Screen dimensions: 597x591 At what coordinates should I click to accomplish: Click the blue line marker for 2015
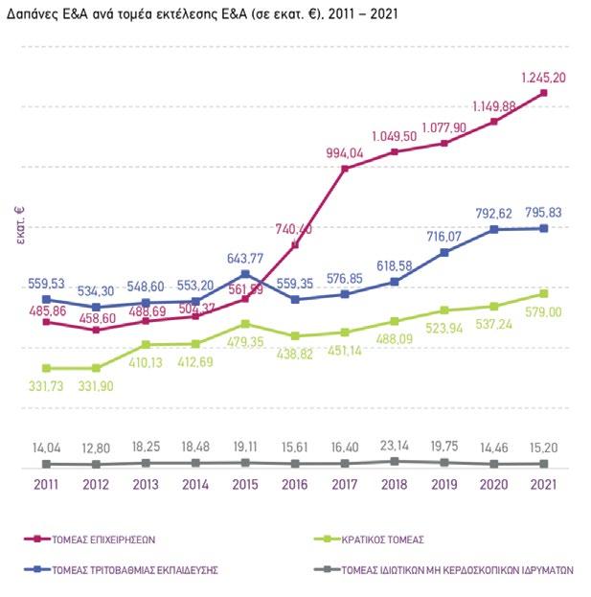pyautogui.click(x=246, y=274)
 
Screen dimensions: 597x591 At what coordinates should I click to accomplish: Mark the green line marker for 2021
pyautogui.click(x=544, y=293)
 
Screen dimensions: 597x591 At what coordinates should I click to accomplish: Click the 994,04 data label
pyautogui.click(x=345, y=153)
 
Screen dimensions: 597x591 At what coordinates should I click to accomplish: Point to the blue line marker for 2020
pyautogui.click(x=494, y=230)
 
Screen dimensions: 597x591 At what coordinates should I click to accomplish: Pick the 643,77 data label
pyautogui.click(x=246, y=259)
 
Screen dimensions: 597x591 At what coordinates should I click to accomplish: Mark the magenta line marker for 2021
pyautogui.click(x=544, y=93)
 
